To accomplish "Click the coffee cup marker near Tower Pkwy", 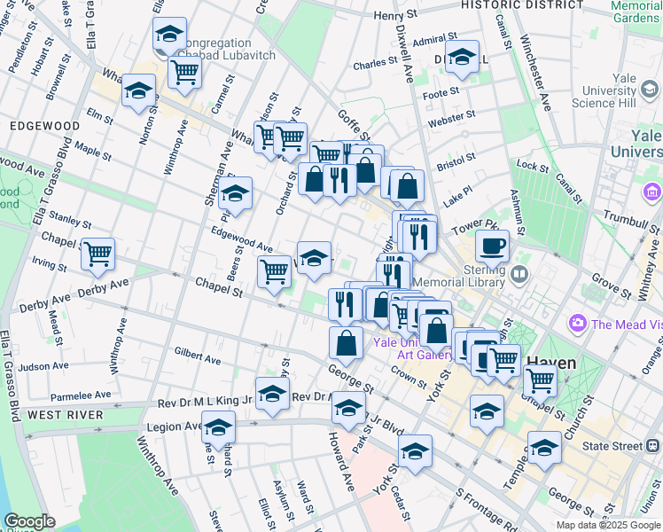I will pos(492,244).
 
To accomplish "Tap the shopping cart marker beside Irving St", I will pos(97,254).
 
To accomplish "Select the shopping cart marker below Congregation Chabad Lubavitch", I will pos(184,71).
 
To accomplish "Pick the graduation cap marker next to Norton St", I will pos(138,90).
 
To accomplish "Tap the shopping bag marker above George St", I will pos(346,342).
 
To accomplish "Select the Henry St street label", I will pos(394,15).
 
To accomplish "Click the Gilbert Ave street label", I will pos(198,356).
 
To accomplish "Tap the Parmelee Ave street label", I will pos(81,395).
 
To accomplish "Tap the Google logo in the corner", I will pos(29,521).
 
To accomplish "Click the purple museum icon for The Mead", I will pos(580,324).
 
